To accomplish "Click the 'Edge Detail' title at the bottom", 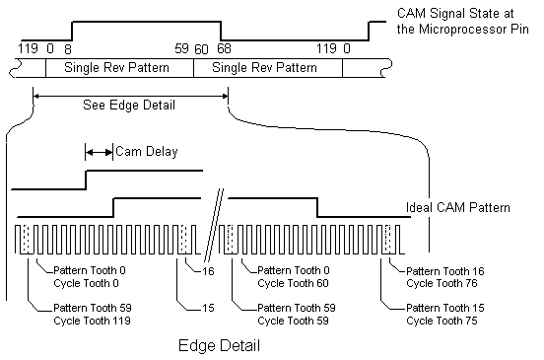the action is pos(219,345).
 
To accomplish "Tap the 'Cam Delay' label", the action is pos(147,151).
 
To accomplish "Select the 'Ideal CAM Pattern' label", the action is pos(458,207).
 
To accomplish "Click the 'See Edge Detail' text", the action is pos(129,105).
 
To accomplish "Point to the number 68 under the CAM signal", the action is pos(224,48).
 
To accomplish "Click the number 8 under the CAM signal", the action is pos(68,49).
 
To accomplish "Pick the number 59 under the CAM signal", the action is pos(181,48).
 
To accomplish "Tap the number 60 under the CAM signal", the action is pos(201,49).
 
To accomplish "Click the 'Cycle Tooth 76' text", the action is pos(442,283).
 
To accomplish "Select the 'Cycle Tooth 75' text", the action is pos(442,321).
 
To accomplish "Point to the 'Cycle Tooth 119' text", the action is pos(92,321).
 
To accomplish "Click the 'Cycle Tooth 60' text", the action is pos(293,283).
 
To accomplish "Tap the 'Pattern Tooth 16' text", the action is pos(445,271).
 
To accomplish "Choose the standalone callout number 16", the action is pos(208,271).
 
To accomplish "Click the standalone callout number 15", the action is pos(208,308).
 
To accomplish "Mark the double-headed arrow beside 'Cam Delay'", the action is pos(99,152).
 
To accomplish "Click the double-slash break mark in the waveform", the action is pos(214,225).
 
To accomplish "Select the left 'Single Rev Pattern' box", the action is pos(119,68).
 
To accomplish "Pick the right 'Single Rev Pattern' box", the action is pos(268,68).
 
